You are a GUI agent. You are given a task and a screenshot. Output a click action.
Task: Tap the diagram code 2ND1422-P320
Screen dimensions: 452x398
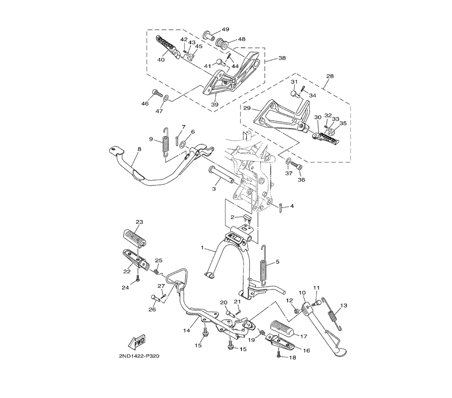coord(139,356)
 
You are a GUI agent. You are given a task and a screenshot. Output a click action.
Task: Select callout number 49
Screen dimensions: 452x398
coord(226,29)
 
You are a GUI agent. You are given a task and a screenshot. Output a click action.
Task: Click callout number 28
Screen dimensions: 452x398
coord(330,76)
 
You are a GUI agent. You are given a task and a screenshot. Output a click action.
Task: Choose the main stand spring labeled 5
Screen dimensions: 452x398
coord(264,265)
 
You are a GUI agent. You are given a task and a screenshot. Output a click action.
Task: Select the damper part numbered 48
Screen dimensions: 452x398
coord(221,44)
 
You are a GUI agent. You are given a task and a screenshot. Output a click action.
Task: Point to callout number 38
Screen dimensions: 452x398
coord(282,58)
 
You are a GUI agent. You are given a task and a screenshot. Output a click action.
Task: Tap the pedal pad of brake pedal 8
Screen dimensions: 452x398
coord(116,150)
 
